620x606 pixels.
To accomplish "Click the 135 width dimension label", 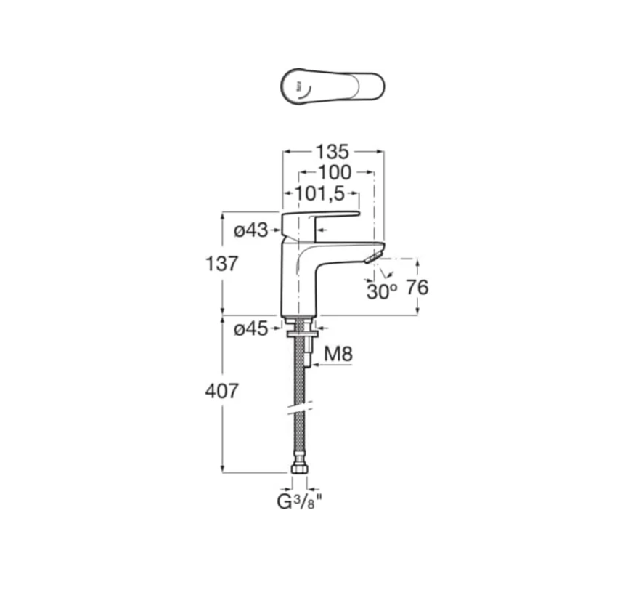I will pyautogui.click(x=333, y=152).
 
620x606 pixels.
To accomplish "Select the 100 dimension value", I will pyautogui.click(x=335, y=173).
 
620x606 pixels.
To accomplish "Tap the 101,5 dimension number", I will pyautogui.click(x=319, y=194).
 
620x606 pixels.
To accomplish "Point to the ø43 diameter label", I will pyautogui.click(x=250, y=231).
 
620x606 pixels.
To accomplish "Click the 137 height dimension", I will pyautogui.click(x=221, y=264).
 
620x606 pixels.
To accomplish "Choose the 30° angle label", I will pyautogui.click(x=381, y=292).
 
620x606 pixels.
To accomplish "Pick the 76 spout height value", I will pyautogui.click(x=417, y=288).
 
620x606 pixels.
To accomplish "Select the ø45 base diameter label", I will pyautogui.click(x=250, y=329).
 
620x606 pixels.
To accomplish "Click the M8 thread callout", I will pyautogui.click(x=338, y=355).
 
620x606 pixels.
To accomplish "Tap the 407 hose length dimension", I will pyautogui.click(x=221, y=391).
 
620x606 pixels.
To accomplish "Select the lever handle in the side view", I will pyautogui.click(x=319, y=217).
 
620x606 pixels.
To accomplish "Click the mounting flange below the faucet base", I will pyautogui.click(x=298, y=334).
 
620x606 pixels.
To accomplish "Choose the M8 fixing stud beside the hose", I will pyautogui.click(x=308, y=356).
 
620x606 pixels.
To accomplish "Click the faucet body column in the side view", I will pyautogui.click(x=296, y=280).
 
